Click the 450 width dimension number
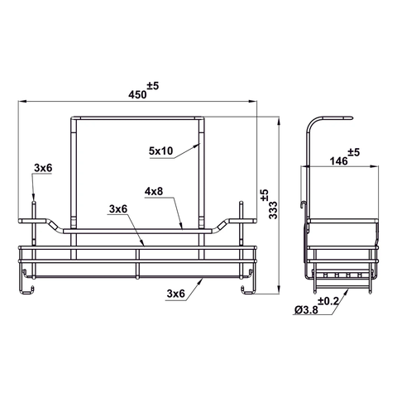click(x=136, y=94)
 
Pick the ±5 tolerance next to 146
click(x=353, y=152)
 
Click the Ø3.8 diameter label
click(x=305, y=310)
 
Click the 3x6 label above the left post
click(x=43, y=168)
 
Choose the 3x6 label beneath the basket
click(x=175, y=293)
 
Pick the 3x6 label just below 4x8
click(x=119, y=209)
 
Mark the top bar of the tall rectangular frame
click(x=136, y=117)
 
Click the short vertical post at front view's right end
click(x=243, y=215)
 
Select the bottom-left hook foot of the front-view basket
click(x=28, y=289)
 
